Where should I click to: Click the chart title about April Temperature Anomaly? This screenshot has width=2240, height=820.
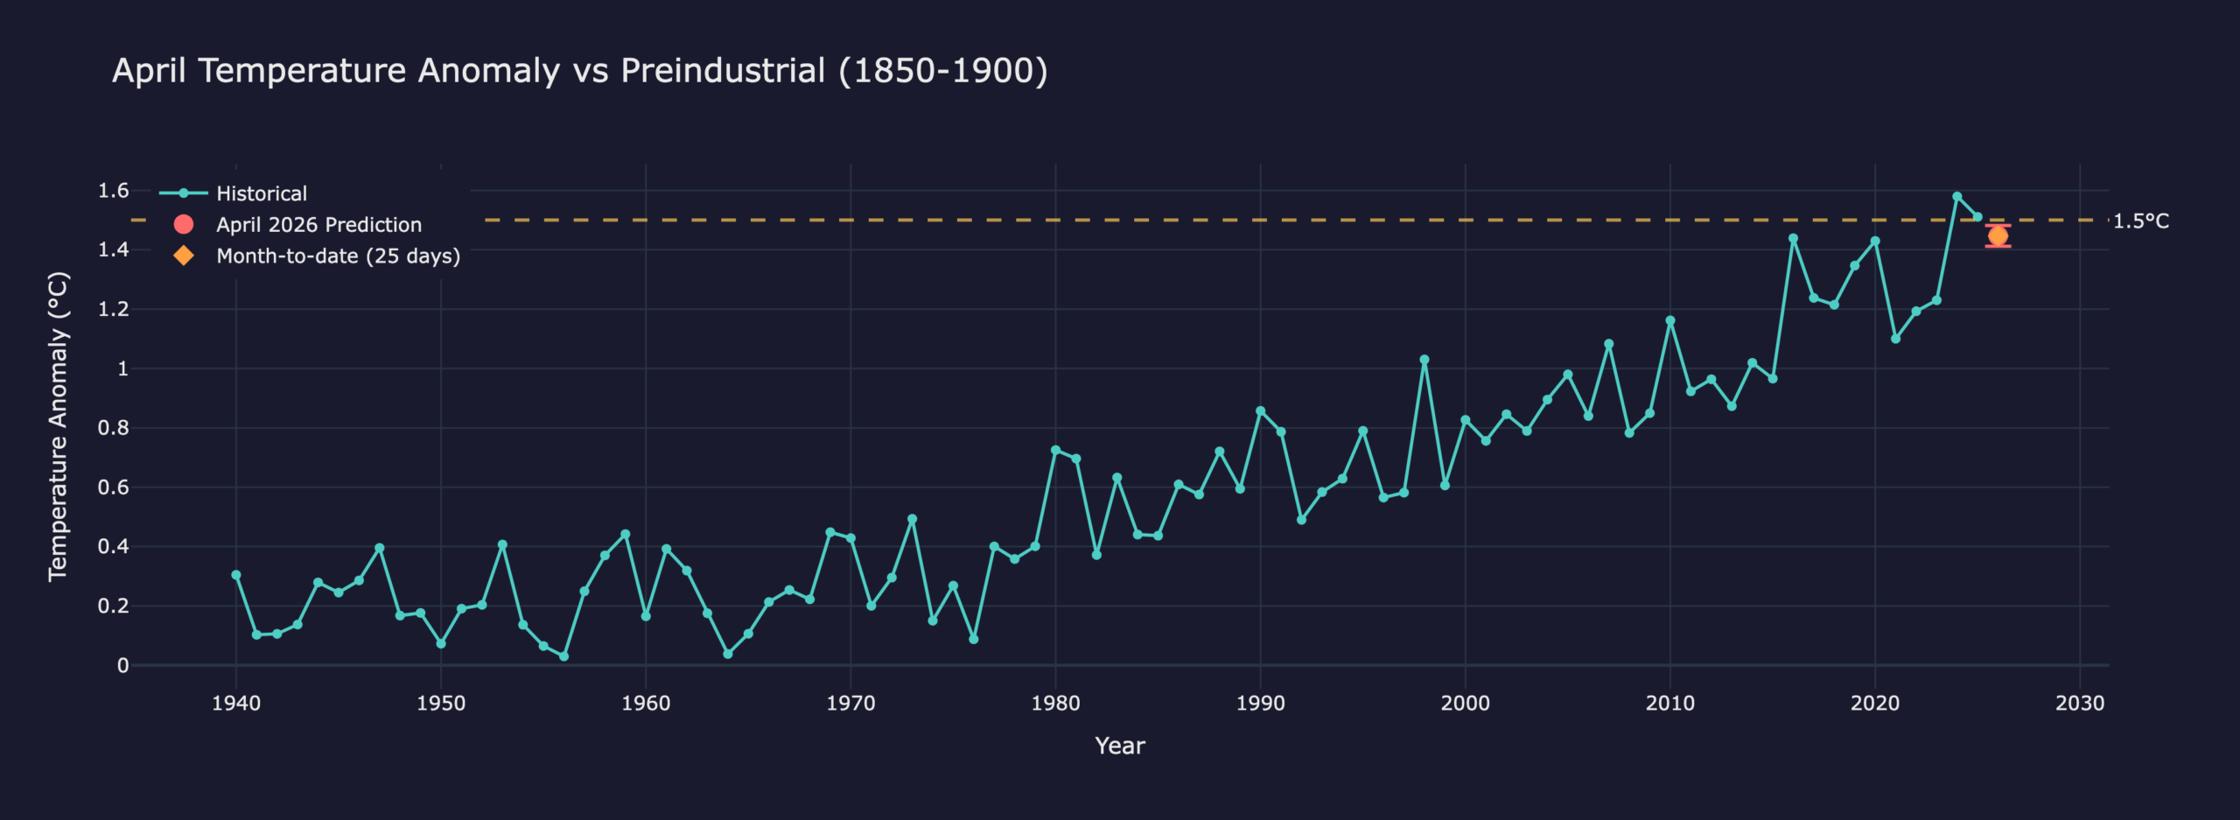coord(579,71)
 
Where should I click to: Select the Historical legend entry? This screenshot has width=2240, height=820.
coord(261,193)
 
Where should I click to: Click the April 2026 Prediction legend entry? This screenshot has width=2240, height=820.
coord(318,225)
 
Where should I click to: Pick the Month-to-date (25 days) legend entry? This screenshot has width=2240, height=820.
coord(338,256)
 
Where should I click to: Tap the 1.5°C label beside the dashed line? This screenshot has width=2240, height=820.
coord(2140,221)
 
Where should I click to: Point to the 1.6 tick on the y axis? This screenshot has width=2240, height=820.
coord(113,191)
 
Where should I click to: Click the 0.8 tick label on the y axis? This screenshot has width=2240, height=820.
coord(113,428)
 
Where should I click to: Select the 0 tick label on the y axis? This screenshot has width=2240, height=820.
coord(122,665)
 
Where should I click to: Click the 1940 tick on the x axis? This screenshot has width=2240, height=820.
coord(236,704)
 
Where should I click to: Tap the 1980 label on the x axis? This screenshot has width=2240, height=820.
coord(1055,704)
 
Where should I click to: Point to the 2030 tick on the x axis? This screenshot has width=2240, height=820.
coord(2080,704)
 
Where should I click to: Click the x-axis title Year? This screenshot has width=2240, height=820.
coord(1120,746)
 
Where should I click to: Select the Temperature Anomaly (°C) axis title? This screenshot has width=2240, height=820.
coord(58,426)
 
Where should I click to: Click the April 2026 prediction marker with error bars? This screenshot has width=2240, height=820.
coord(1998,235)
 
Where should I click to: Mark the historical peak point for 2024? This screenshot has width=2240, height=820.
coord(1957,197)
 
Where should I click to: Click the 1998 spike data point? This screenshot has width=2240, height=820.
coord(1424,360)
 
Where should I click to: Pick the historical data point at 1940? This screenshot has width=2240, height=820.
coord(236,575)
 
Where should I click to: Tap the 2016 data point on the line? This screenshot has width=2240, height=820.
coord(1793,238)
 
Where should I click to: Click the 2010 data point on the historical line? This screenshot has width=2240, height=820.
coord(1670,320)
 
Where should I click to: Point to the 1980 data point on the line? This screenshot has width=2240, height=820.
coord(1055,450)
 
